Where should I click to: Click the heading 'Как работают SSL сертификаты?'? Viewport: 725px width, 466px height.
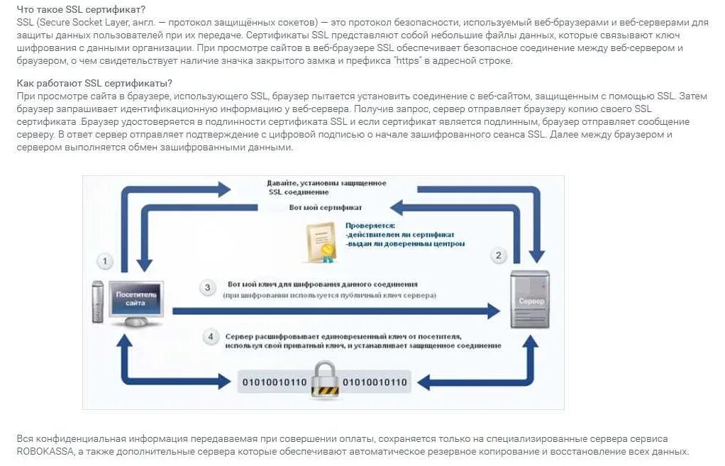[94, 83]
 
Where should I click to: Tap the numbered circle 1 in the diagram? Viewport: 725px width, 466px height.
[105, 262]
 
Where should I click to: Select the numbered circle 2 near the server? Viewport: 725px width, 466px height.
[499, 255]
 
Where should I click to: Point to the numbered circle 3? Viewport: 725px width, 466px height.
[208, 287]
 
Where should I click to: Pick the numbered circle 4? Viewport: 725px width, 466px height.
[211, 336]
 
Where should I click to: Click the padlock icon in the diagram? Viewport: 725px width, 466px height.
[325, 379]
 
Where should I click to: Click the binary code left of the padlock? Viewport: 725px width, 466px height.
[275, 383]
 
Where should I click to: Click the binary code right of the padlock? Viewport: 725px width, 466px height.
[375, 383]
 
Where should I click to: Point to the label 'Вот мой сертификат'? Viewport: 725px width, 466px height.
[326, 208]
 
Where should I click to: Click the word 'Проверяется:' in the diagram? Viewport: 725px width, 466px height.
[370, 226]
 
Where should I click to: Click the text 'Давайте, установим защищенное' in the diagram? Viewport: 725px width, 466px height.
[326, 183]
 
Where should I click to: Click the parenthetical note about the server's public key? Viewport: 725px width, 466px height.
[329, 294]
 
